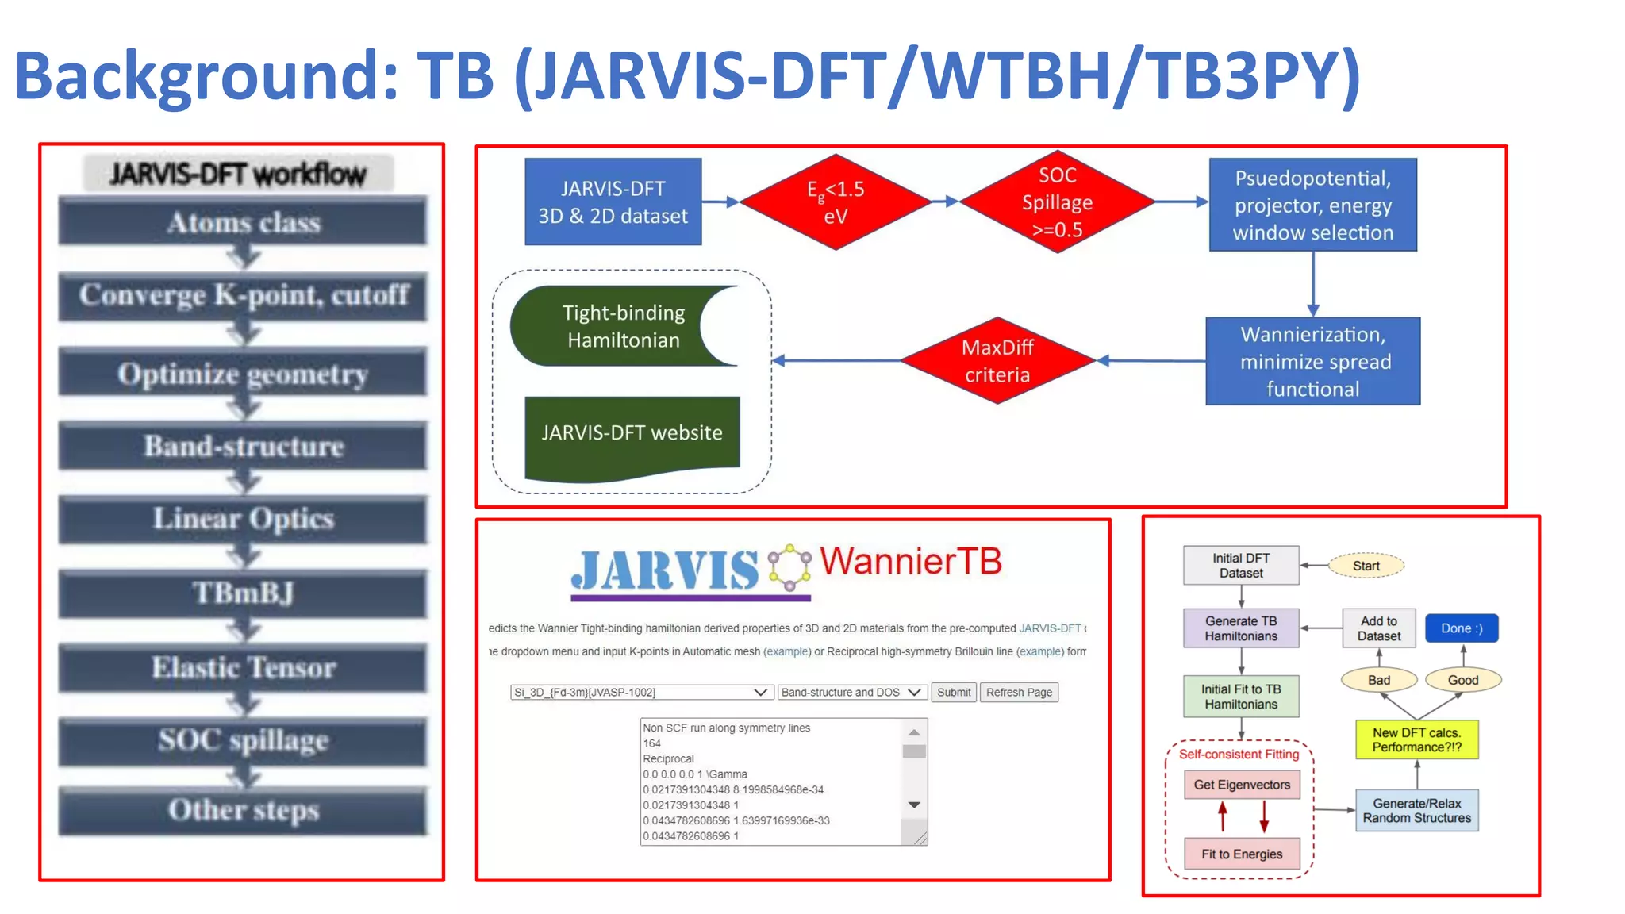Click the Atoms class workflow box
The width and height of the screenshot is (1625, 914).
243,222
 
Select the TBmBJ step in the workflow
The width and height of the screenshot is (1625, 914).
243,593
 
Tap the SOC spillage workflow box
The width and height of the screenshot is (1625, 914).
243,740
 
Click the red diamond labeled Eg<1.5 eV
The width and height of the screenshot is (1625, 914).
835,202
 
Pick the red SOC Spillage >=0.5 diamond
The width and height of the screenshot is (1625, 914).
1057,202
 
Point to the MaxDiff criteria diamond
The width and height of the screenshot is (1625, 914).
997,361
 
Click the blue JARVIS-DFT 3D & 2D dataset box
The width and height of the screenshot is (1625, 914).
613,202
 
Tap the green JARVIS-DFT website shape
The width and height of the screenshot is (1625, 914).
632,435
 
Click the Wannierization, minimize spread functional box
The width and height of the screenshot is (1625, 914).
1312,362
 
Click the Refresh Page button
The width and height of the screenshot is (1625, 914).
1019,692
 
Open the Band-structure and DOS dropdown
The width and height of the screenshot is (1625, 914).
851,692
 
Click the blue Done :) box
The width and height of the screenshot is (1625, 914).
1461,628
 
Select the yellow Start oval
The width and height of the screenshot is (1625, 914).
1366,566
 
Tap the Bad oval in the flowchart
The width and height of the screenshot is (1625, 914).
1378,680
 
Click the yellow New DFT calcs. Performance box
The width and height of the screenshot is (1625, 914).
1416,739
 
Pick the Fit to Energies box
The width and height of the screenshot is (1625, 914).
1241,854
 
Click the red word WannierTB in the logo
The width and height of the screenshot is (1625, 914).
911,562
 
